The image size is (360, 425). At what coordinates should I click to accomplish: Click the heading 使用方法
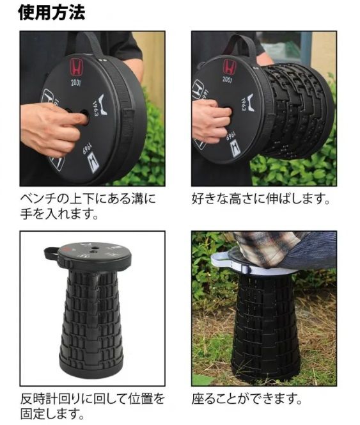pyautogui.click(x=52, y=12)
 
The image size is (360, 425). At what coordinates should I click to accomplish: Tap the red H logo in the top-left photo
pyautogui.click(x=76, y=67)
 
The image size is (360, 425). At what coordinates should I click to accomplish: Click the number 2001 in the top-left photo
pyautogui.click(x=76, y=82)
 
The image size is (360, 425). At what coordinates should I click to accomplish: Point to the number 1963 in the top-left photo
pyautogui.click(x=95, y=108)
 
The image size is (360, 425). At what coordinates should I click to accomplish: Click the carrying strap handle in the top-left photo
pyautogui.click(x=91, y=44)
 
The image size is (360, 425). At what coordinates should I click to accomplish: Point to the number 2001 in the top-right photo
pyautogui.click(x=227, y=79)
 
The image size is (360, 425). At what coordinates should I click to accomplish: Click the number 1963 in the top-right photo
pyautogui.click(x=243, y=104)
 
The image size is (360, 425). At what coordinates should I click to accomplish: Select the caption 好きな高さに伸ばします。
pyautogui.click(x=261, y=198)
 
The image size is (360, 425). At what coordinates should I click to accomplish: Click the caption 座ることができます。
pyautogui.click(x=247, y=399)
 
